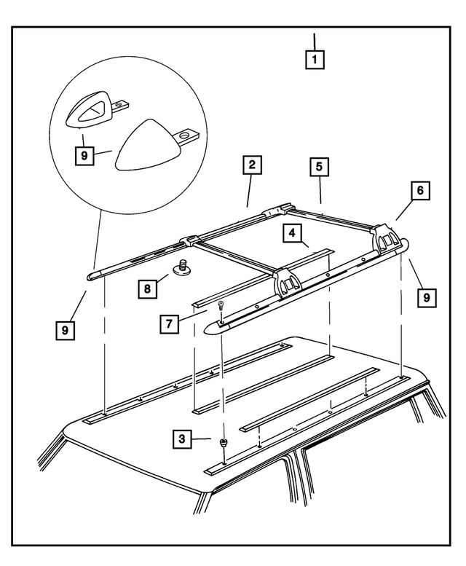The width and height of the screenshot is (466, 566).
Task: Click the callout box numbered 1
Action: pyautogui.click(x=315, y=58)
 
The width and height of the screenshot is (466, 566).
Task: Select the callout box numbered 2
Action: pyautogui.click(x=251, y=166)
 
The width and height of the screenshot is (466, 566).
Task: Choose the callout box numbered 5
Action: pyautogui.click(x=319, y=166)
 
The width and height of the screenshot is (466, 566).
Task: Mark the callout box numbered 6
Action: pyautogui.click(x=419, y=192)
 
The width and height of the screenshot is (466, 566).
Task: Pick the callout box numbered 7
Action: pyautogui.click(x=170, y=321)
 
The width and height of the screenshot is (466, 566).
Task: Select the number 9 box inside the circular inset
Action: pyautogui.click(x=84, y=155)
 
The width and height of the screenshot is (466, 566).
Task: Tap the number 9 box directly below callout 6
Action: pyautogui.click(x=427, y=297)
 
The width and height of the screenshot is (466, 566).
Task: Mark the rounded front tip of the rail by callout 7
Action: pyautogui.click(x=212, y=329)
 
